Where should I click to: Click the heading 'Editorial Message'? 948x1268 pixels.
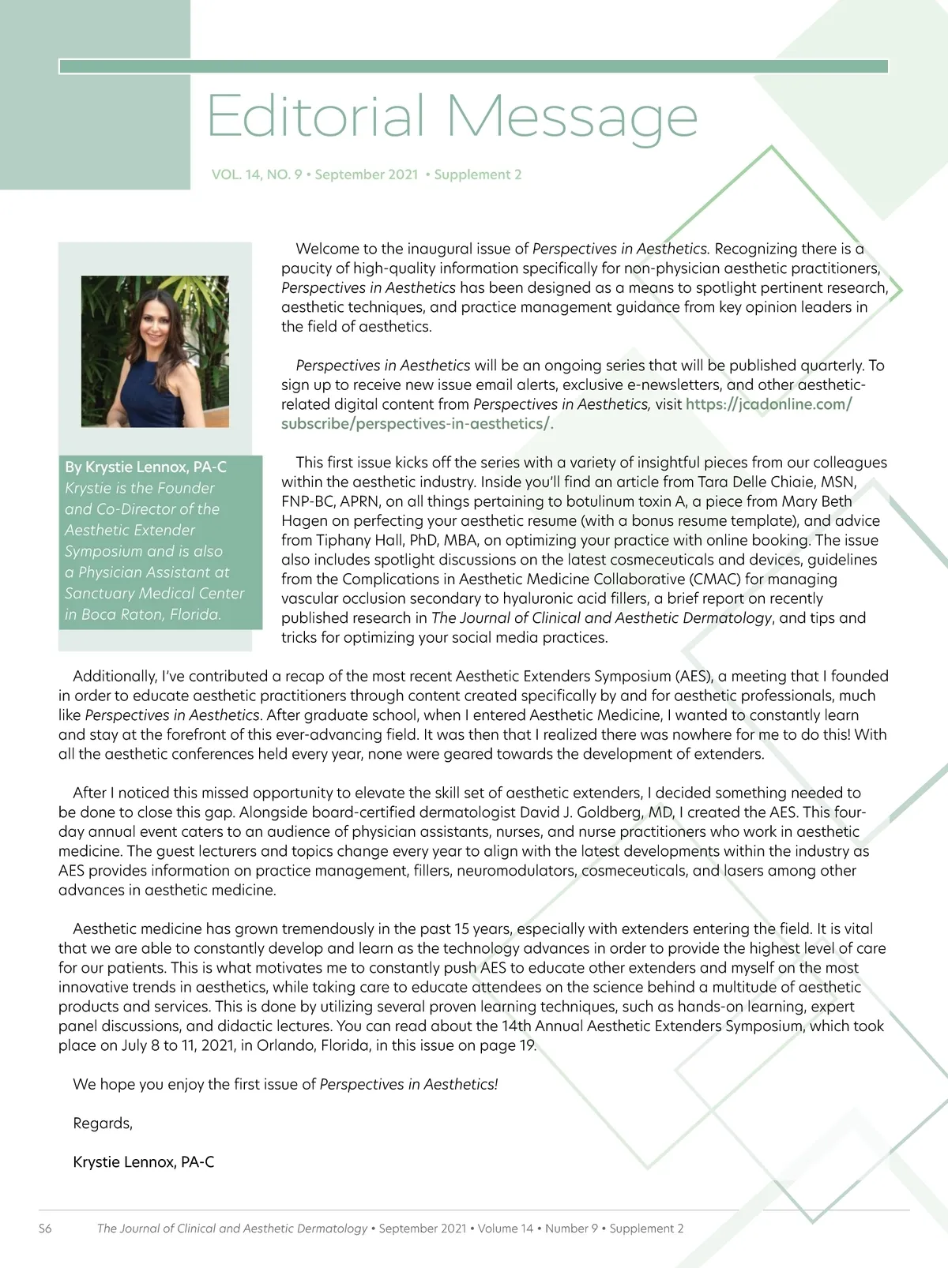pyautogui.click(x=452, y=117)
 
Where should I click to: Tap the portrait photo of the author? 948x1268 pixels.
pyautogui.click(x=155, y=351)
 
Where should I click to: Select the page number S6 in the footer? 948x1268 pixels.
pyautogui.click(x=45, y=1229)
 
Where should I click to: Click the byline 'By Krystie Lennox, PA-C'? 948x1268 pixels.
pyautogui.click(x=145, y=467)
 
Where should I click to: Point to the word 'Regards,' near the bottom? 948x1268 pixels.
pyautogui.click(x=103, y=1123)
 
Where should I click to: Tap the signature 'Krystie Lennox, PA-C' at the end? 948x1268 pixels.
pyautogui.click(x=143, y=1161)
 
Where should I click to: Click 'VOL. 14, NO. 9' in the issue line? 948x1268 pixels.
pyautogui.click(x=257, y=174)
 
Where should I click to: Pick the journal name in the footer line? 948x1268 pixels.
pyautogui.click(x=232, y=1229)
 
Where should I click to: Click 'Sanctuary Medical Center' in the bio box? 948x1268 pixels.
pyautogui.click(x=155, y=593)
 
